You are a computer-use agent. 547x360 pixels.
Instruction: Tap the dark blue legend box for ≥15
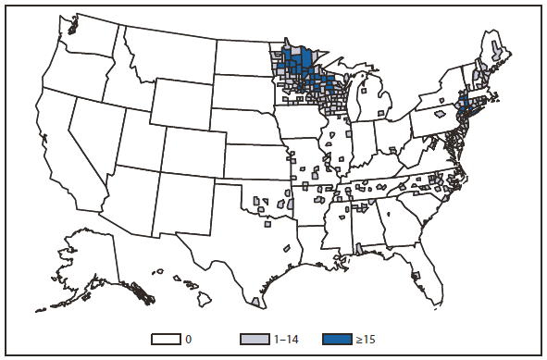(x=339, y=340)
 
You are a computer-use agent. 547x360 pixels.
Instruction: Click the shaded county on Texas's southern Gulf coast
(x=255, y=302)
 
